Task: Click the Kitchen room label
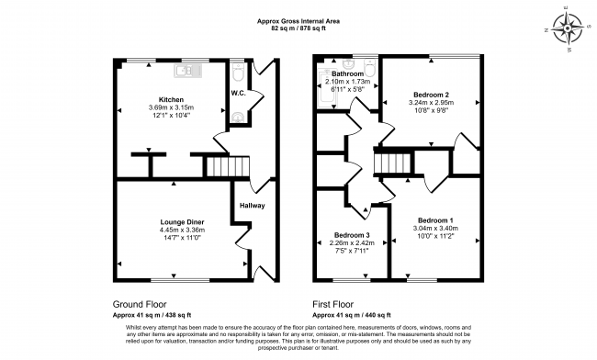(x=171, y=99)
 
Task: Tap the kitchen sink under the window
(x=184, y=69)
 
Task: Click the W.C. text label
(x=237, y=93)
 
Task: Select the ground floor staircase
(x=226, y=167)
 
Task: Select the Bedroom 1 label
(x=434, y=220)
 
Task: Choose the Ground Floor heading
(x=140, y=303)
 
